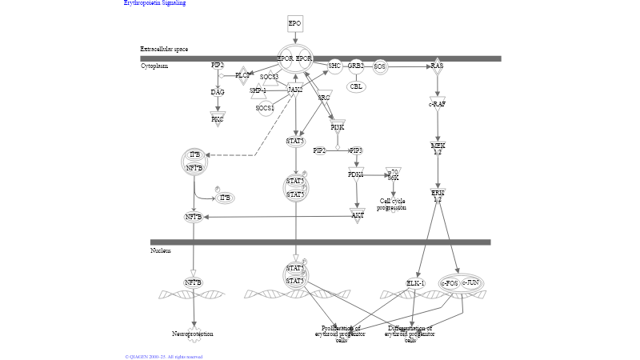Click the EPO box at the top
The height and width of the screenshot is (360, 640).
[295, 23]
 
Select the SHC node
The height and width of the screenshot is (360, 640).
[334, 66]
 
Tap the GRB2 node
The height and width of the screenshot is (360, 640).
[356, 66]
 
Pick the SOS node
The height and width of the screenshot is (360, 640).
[379, 66]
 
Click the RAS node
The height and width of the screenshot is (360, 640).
[437, 66]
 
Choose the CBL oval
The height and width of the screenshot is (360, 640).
[356, 86]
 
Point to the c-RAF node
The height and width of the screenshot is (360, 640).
[437, 104]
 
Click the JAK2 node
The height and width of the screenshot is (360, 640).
[295, 90]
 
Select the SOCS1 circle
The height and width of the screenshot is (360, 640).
[265, 107]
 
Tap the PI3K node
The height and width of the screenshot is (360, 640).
[338, 126]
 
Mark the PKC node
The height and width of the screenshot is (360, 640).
[218, 119]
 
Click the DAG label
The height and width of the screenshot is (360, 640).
[218, 92]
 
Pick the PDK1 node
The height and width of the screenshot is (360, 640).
[356, 174]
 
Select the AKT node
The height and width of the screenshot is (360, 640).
[358, 214]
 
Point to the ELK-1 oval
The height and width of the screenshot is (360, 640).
[415, 283]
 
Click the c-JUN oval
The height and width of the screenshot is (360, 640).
[471, 282]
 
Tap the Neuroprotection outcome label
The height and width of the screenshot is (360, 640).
[193, 334]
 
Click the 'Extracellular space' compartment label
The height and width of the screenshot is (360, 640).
[164, 50]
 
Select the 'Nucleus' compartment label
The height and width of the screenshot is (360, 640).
[161, 250]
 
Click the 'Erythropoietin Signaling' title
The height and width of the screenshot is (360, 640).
[154, 3]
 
